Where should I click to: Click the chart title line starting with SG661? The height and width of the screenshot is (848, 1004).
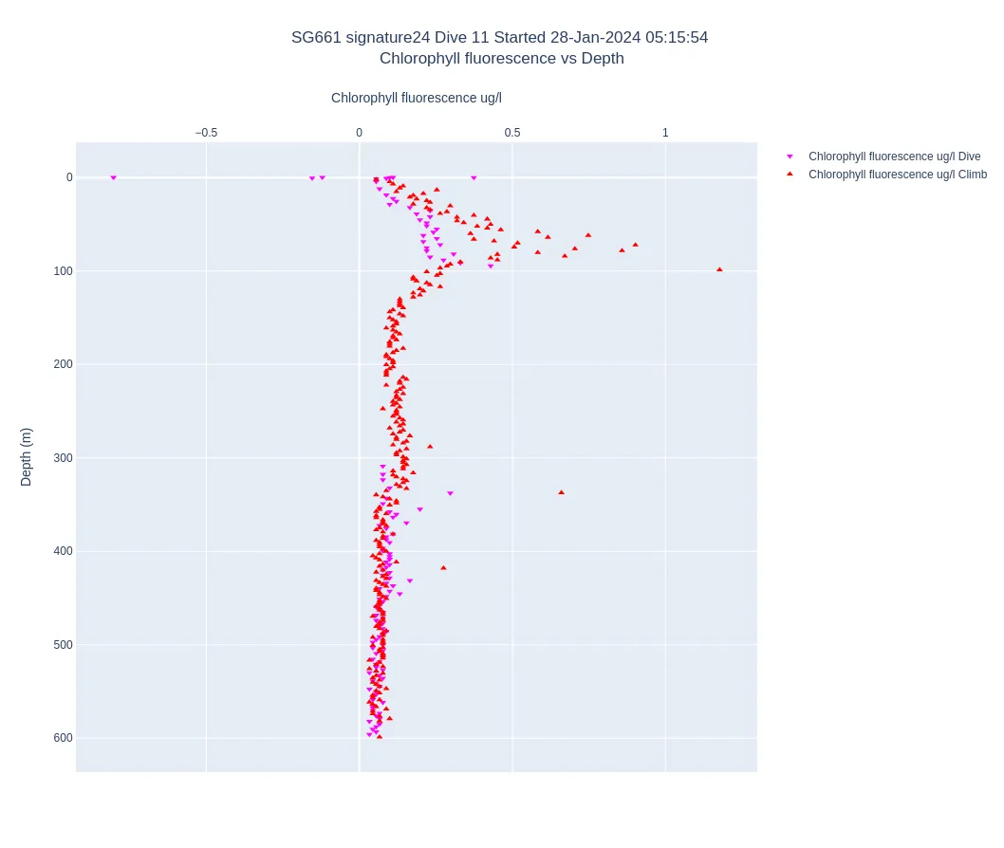point(499,38)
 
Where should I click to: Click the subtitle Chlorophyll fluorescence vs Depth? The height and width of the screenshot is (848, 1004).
point(501,59)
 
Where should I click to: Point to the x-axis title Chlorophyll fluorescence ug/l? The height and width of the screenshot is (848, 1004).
point(416,98)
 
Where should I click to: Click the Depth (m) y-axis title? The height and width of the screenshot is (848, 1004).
point(27,456)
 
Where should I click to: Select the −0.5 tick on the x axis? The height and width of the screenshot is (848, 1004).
point(206,133)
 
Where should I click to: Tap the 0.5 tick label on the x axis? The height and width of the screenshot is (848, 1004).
point(512,133)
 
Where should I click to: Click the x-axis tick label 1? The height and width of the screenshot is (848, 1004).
point(665,133)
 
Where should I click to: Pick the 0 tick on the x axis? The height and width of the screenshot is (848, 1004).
point(359,133)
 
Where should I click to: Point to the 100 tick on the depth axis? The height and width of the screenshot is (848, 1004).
point(63,271)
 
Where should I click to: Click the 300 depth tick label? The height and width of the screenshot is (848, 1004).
point(63,458)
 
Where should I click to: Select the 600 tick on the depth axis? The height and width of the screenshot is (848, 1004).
point(63,738)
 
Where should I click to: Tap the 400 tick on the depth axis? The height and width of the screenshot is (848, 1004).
point(63,551)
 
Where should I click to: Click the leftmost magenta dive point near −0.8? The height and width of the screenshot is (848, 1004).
point(113,178)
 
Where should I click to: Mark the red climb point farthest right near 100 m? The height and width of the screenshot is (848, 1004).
point(719,269)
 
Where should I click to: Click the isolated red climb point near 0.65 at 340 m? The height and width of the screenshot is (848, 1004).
point(561,492)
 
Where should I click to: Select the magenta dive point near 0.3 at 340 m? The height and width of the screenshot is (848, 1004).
point(450,493)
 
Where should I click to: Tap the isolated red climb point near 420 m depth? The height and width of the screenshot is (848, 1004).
point(443,568)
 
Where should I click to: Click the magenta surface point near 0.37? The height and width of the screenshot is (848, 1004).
point(474,178)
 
